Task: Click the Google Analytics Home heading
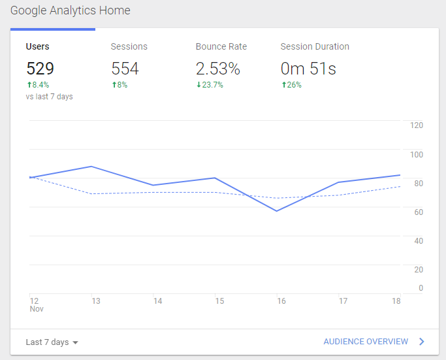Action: [x=70, y=10]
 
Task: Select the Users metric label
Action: [x=37, y=46]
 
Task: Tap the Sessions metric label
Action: [x=129, y=46]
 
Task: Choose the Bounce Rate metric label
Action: [x=221, y=46]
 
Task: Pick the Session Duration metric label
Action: [x=315, y=46]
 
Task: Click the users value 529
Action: [x=40, y=68]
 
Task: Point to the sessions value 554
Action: [x=125, y=68]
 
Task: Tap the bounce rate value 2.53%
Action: [x=218, y=68]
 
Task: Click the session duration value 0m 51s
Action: [x=308, y=68]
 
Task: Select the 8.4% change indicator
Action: [x=38, y=85]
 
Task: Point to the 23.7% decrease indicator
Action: [x=210, y=85]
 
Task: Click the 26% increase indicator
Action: [x=291, y=85]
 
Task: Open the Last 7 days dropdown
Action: [x=52, y=342]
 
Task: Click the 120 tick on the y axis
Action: [x=417, y=125]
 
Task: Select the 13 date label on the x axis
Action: [x=95, y=301]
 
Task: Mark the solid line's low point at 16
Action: [x=278, y=211]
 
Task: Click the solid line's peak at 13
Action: [x=91, y=167]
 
